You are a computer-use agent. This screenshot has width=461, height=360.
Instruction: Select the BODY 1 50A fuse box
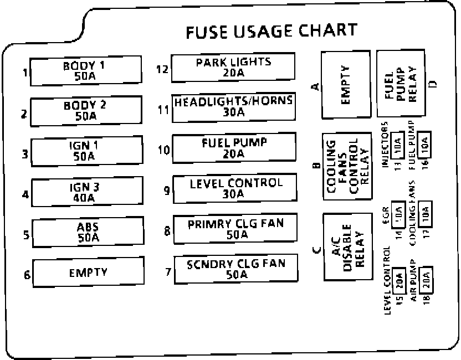point(84,71)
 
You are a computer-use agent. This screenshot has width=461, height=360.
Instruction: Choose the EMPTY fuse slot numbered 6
point(88,272)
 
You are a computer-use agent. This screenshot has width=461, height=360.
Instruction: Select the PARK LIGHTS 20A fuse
point(233,67)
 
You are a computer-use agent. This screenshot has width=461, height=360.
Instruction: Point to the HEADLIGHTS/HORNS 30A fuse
point(233,107)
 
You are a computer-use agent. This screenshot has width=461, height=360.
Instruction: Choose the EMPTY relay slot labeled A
point(346,85)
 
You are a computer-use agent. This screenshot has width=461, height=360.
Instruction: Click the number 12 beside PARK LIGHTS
point(162,69)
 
